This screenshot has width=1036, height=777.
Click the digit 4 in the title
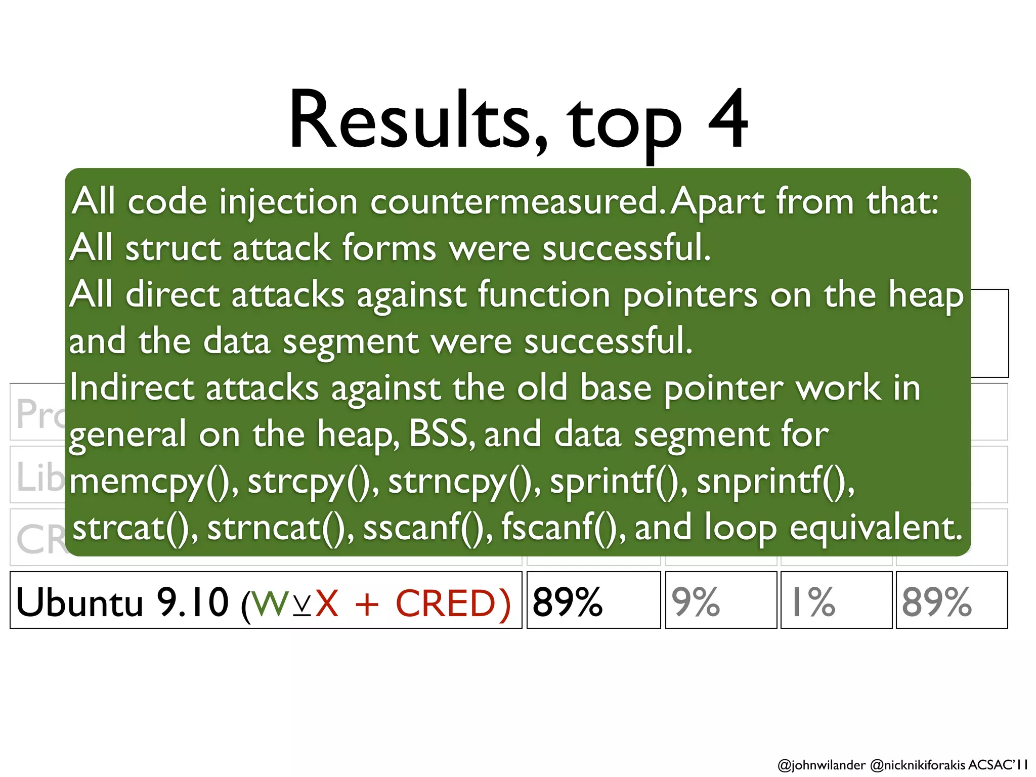point(727,120)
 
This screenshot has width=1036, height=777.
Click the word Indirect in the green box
point(132,388)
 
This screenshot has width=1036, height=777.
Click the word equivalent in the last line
point(875,528)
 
